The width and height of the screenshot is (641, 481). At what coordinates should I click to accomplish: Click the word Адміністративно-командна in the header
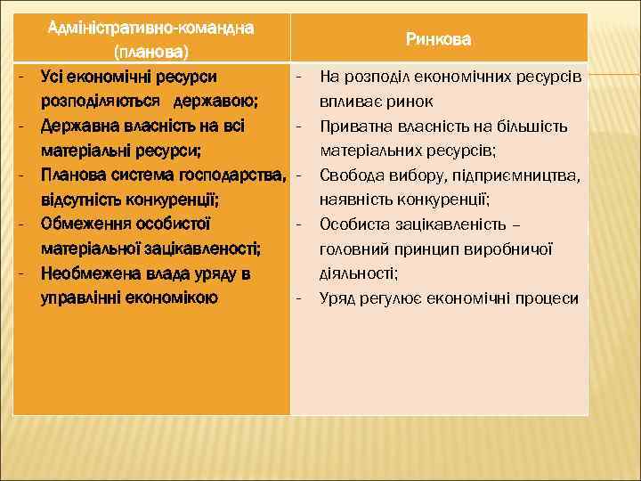tap(151, 27)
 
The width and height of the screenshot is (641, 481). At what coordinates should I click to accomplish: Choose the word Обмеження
tap(85, 223)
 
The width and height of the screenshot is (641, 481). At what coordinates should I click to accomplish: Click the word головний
tap(357, 249)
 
